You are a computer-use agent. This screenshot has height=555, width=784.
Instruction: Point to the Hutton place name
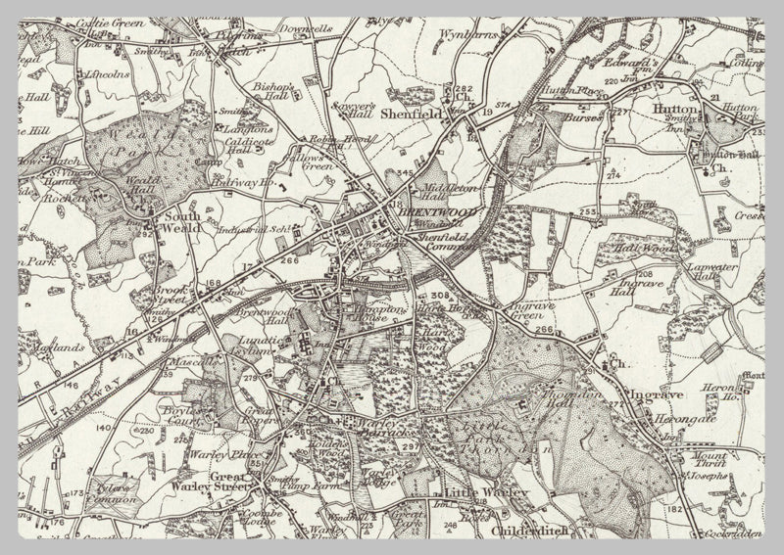tap(676, 110)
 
